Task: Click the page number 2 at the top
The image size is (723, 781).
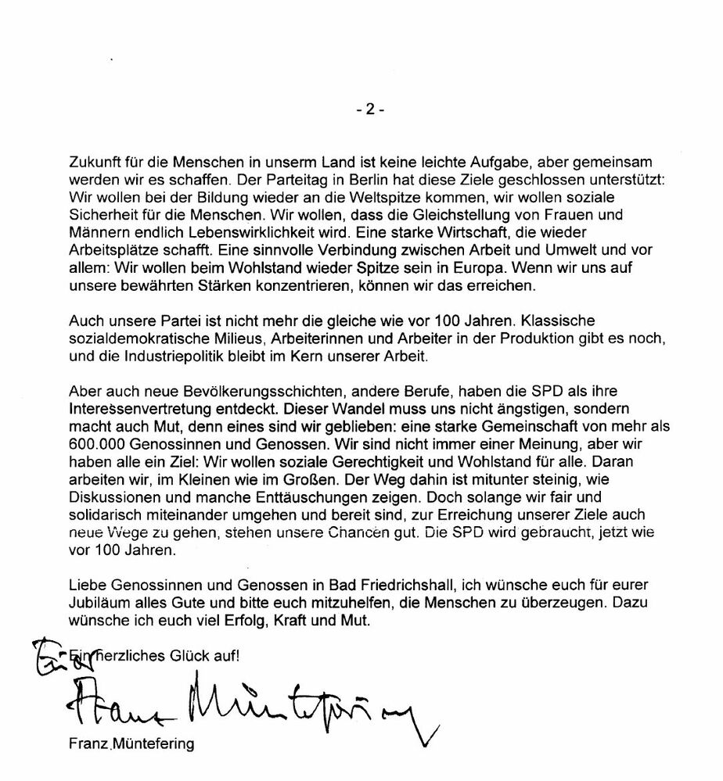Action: tap(369, 110)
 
